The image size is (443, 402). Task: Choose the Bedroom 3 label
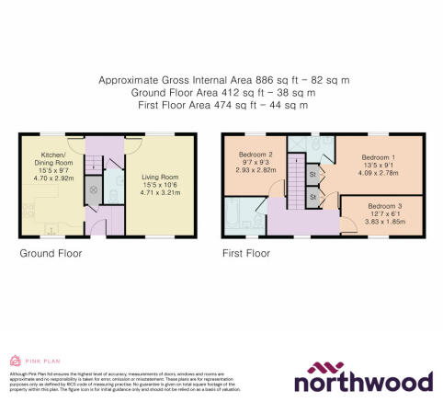[383, 207]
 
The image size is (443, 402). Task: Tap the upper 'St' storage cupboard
[313, 173]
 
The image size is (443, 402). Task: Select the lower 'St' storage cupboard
[313, 196]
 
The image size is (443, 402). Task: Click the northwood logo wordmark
[364, 381]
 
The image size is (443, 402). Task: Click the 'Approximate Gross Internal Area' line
[224, 81]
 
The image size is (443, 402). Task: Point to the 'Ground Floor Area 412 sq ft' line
[224, 94]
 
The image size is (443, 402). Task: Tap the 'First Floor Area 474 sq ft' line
[224, 107]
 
